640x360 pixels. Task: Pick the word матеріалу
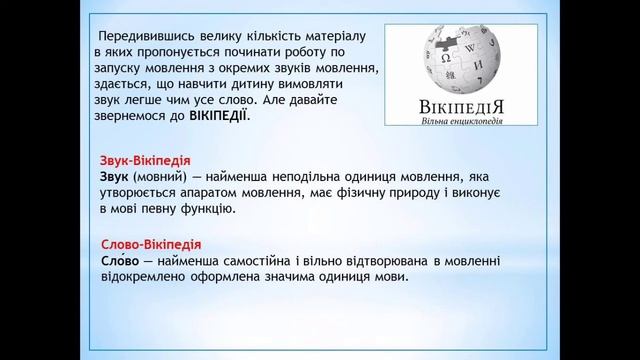click(x=339, y=33)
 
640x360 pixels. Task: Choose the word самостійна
click(x=275, y=261)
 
